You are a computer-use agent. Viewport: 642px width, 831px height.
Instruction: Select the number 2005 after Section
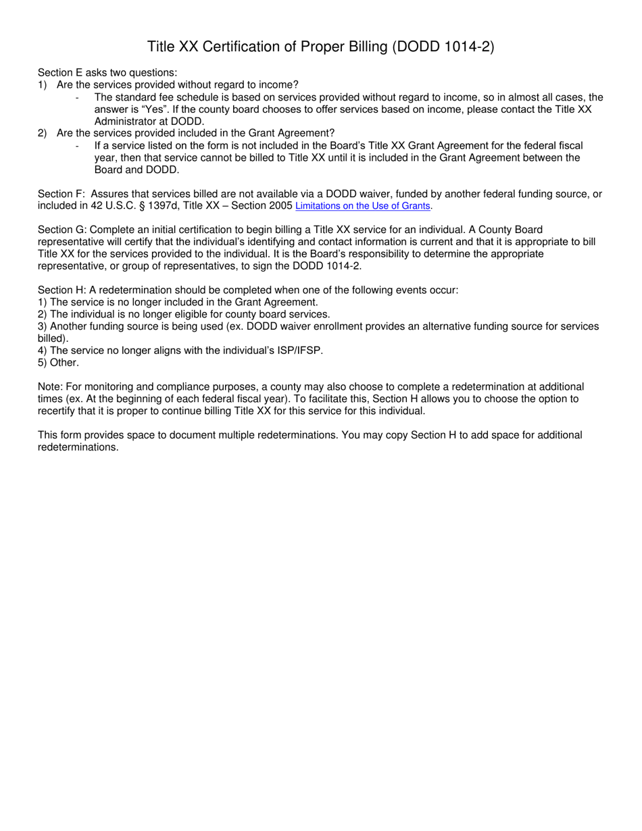pos(280,206)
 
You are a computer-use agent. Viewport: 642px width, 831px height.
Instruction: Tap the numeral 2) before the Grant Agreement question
pos(43,134)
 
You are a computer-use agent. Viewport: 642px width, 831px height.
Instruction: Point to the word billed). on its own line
pos(53,338)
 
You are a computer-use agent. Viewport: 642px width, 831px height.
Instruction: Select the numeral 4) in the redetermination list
pos(43,351)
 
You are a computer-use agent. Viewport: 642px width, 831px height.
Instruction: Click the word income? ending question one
pos(281,85)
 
